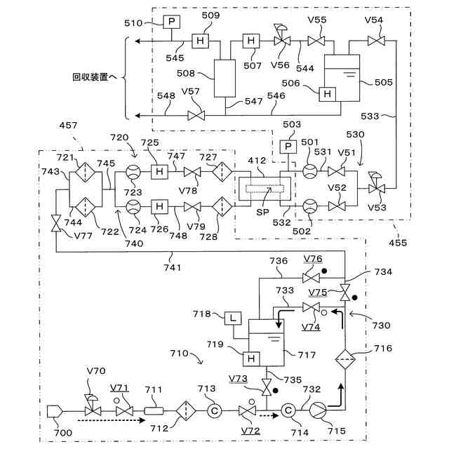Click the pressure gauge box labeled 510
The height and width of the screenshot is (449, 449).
coord(171,22)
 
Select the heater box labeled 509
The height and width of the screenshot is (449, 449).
coord(200,41)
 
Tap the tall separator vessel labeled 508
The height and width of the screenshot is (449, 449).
coord(224,79)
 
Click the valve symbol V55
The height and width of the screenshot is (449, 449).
coord(316,41)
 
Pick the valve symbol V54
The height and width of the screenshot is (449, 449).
coord(376,41)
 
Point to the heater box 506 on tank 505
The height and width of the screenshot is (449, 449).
coord(328,94)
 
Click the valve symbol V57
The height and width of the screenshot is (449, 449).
coord(196,116)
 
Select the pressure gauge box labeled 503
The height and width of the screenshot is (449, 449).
coord(288,147)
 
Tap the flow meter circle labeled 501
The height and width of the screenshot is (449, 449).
coord(310,171)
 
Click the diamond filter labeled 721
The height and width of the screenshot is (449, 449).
coord(86,172)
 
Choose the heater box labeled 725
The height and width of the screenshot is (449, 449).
coord(159,172)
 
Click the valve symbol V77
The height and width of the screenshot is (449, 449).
coord(56,223)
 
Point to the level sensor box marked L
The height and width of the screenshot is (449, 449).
coord(233,318)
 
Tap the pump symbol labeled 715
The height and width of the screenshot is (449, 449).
coord(318,410)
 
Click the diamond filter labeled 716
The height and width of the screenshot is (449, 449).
coord(345,359)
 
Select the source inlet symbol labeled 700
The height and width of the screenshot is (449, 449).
coord(55,411)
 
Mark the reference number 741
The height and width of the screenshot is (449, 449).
coord(173,268)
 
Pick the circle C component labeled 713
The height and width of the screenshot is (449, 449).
coord(214,411)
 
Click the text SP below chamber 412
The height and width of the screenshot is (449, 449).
coord(262,212)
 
